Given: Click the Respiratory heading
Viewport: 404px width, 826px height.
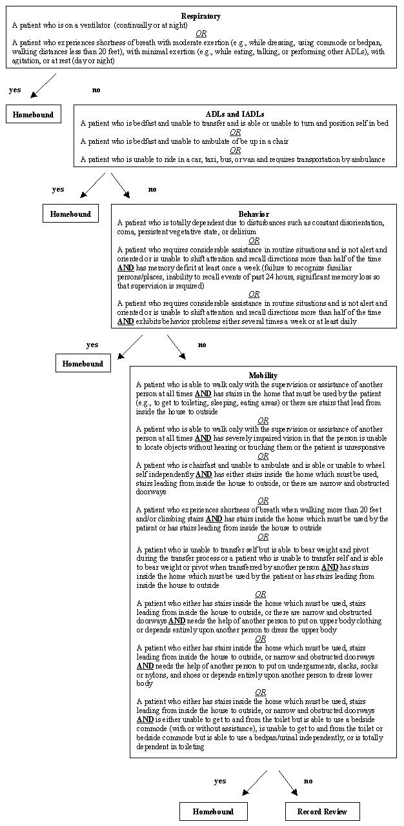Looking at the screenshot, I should tap(201, 16).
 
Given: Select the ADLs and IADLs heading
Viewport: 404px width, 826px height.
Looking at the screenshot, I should tap(234, 114).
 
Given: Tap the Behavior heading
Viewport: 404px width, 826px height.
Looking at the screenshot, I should tap(254, 214).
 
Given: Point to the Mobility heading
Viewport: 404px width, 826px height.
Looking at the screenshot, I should tap(263, 375).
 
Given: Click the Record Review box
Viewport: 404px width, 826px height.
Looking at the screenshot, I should tap(322, 811).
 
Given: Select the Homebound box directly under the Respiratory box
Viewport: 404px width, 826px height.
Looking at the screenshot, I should tap(33, 115).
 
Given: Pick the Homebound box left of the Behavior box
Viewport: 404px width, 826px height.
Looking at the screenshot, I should tap(71, 214).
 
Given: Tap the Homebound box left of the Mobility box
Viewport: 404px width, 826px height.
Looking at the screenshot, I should tap(83, 363).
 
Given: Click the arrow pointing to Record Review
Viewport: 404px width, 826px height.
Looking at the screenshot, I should tap(288, 782).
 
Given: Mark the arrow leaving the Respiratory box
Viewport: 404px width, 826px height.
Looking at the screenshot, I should tap(43, 85).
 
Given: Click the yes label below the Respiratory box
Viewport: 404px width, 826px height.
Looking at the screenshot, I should tap(15, 90).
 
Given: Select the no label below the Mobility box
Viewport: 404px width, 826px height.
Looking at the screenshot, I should tap(308, 781).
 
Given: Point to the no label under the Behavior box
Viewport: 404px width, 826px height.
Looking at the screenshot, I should tap(202, 345).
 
